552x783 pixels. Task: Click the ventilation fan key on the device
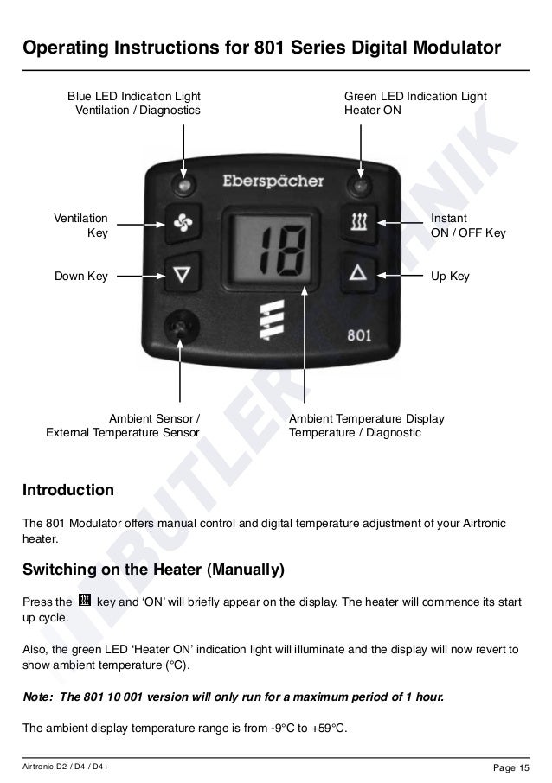point(184,225)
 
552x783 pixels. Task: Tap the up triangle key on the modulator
point(357,273)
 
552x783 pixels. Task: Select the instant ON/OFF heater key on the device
point(357,225)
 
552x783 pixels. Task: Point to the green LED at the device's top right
point(356,185)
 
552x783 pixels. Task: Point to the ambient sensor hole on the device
point(181,326)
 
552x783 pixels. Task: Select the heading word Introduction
point(67,491)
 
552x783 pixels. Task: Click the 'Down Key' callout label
point(81,277)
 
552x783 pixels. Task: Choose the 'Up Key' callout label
point(450,277)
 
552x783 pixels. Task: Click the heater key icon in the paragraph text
point(85,601)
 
